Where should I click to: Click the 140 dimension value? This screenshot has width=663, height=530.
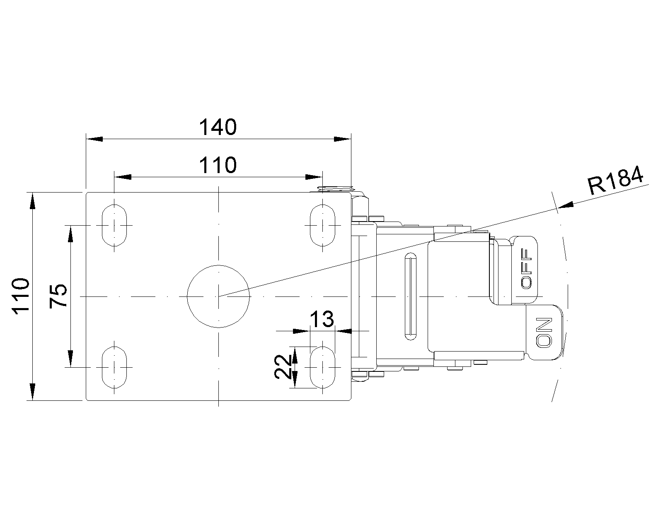218,127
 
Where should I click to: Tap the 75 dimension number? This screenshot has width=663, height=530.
58,296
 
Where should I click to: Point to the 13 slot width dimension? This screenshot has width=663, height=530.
322,319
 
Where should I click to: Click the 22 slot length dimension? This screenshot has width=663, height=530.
283,367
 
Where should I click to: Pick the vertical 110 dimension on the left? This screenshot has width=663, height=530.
21,296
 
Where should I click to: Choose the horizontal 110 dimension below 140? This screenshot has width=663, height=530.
218,165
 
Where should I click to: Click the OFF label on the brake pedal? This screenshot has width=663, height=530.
526,269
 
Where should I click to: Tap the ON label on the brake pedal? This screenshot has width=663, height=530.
544,332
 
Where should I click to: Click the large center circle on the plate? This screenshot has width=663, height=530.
218,296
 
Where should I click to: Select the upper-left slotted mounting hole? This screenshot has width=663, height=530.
114,225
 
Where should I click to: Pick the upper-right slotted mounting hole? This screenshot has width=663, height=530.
322,225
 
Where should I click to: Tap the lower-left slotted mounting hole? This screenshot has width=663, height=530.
114,367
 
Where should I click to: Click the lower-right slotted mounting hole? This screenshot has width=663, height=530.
322,367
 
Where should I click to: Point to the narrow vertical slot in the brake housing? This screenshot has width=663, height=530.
411,296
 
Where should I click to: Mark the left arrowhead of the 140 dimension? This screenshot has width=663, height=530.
94,139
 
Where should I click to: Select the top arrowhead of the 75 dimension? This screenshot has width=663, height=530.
70,234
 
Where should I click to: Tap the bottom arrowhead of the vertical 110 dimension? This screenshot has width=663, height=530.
33,392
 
